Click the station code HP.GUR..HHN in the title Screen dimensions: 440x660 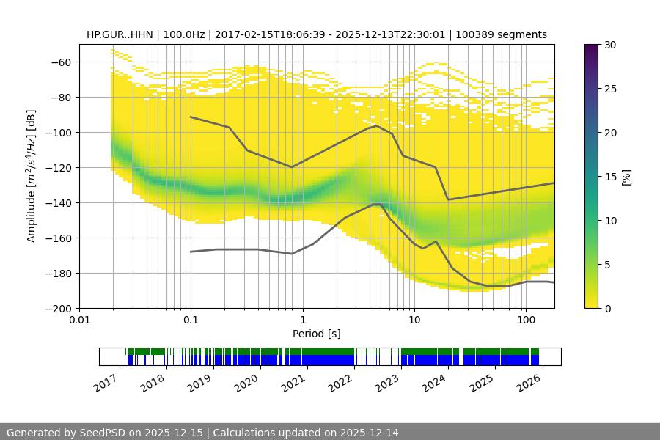(x=120, y=34)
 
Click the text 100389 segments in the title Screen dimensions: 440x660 (x=510, y=34)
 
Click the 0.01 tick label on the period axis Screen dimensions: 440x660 (x=79, y=320)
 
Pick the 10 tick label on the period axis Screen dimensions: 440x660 (x=414, y=320)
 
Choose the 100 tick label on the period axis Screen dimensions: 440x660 (x=525, y=320)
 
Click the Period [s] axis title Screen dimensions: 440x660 (x=317, y=334)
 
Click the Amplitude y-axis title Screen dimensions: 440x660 (x=32, y=176)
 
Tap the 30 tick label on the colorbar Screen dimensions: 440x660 (x=609, y=45)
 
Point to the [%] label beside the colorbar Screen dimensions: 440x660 (x=626, y=177)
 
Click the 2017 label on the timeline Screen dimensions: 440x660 (x=106, y=382)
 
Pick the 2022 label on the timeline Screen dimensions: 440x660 (x=337, y=382)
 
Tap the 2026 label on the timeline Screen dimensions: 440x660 (x=523, y=382)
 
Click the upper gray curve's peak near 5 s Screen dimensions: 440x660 (x=376, y=125)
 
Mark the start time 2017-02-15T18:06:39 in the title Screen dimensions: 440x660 (x=268, y=34)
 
